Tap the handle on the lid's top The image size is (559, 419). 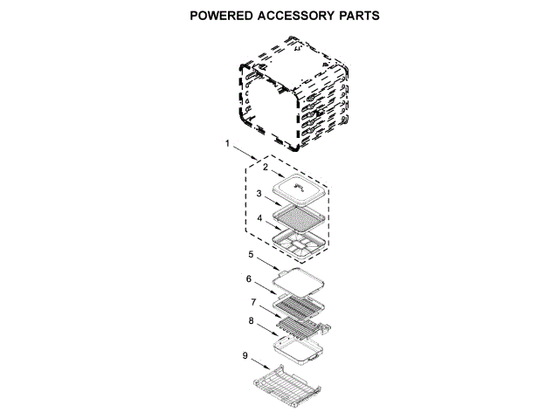[x=300, y=187]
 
